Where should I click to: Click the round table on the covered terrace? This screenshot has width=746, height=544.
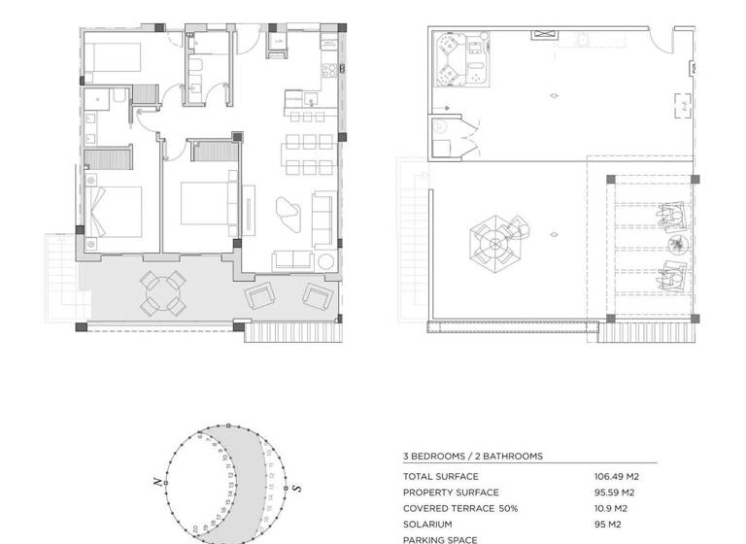(x=163, y=293)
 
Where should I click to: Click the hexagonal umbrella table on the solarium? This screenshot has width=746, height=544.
(x=492, y=241)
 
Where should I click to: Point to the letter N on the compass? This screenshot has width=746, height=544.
(x=155, y=480)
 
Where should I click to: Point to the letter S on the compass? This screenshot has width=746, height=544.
(x=297, y=488)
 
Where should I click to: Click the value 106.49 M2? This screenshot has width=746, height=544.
(x=616, y=477)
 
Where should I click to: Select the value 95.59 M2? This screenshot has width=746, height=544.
(x=614, y=493)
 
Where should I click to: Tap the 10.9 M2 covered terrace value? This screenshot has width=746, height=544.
(x=611, y=508)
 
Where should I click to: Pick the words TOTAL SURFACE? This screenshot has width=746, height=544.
(x=440, y=477)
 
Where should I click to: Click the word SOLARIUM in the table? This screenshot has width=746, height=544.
(x=427, y=524)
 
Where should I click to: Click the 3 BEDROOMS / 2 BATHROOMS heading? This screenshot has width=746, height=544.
(x=473, y=456)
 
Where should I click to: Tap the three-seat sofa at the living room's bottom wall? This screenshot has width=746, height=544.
(x=295, y=260)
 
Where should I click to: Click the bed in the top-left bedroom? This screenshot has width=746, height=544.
(x=111, y=60)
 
